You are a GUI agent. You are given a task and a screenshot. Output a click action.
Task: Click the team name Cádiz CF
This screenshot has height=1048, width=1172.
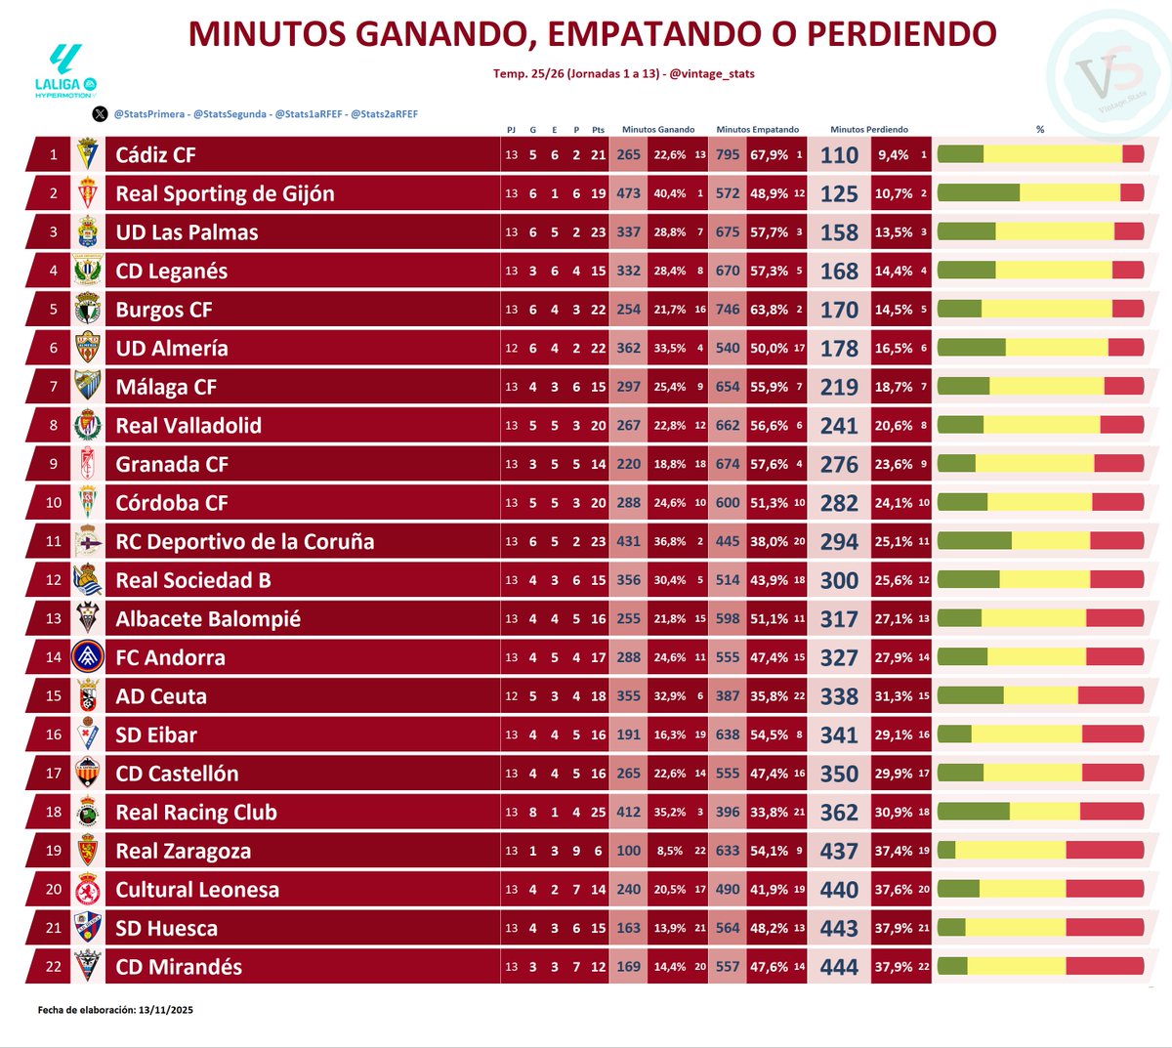coord(156,155)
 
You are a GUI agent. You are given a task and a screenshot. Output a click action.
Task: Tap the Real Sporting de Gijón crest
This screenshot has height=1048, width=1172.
coord(88,193)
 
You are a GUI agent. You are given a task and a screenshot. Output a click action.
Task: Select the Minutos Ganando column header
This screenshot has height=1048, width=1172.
coord(658,129)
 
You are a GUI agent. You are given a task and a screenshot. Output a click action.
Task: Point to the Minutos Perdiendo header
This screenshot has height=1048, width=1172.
coord(868,129)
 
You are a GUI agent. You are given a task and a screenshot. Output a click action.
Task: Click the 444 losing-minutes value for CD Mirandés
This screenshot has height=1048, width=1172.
coord(839,967)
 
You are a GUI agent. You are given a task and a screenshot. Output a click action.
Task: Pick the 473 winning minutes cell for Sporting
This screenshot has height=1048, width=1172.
coord(629,193)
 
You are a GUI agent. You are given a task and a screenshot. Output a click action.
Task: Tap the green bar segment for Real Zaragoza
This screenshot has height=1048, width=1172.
coord(946,851)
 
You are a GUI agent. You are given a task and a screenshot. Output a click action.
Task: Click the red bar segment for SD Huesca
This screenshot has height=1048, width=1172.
coord(1105,928)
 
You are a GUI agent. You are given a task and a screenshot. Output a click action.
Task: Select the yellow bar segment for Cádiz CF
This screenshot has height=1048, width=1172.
coord(1053,154)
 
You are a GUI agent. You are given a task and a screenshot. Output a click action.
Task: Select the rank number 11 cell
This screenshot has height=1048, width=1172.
coord(54,541)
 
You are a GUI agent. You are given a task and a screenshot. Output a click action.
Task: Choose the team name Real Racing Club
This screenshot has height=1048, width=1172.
coord(196,813)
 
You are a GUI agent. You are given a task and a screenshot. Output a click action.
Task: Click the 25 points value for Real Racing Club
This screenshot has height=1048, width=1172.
coord(598,813)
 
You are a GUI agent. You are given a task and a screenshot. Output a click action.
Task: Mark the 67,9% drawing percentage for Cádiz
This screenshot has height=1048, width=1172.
coord(769,155)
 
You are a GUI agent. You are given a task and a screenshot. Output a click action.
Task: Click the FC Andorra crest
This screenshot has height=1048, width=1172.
coord(88,657)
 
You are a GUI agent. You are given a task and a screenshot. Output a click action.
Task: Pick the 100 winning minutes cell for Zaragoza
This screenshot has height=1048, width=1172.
coord(629,851)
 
